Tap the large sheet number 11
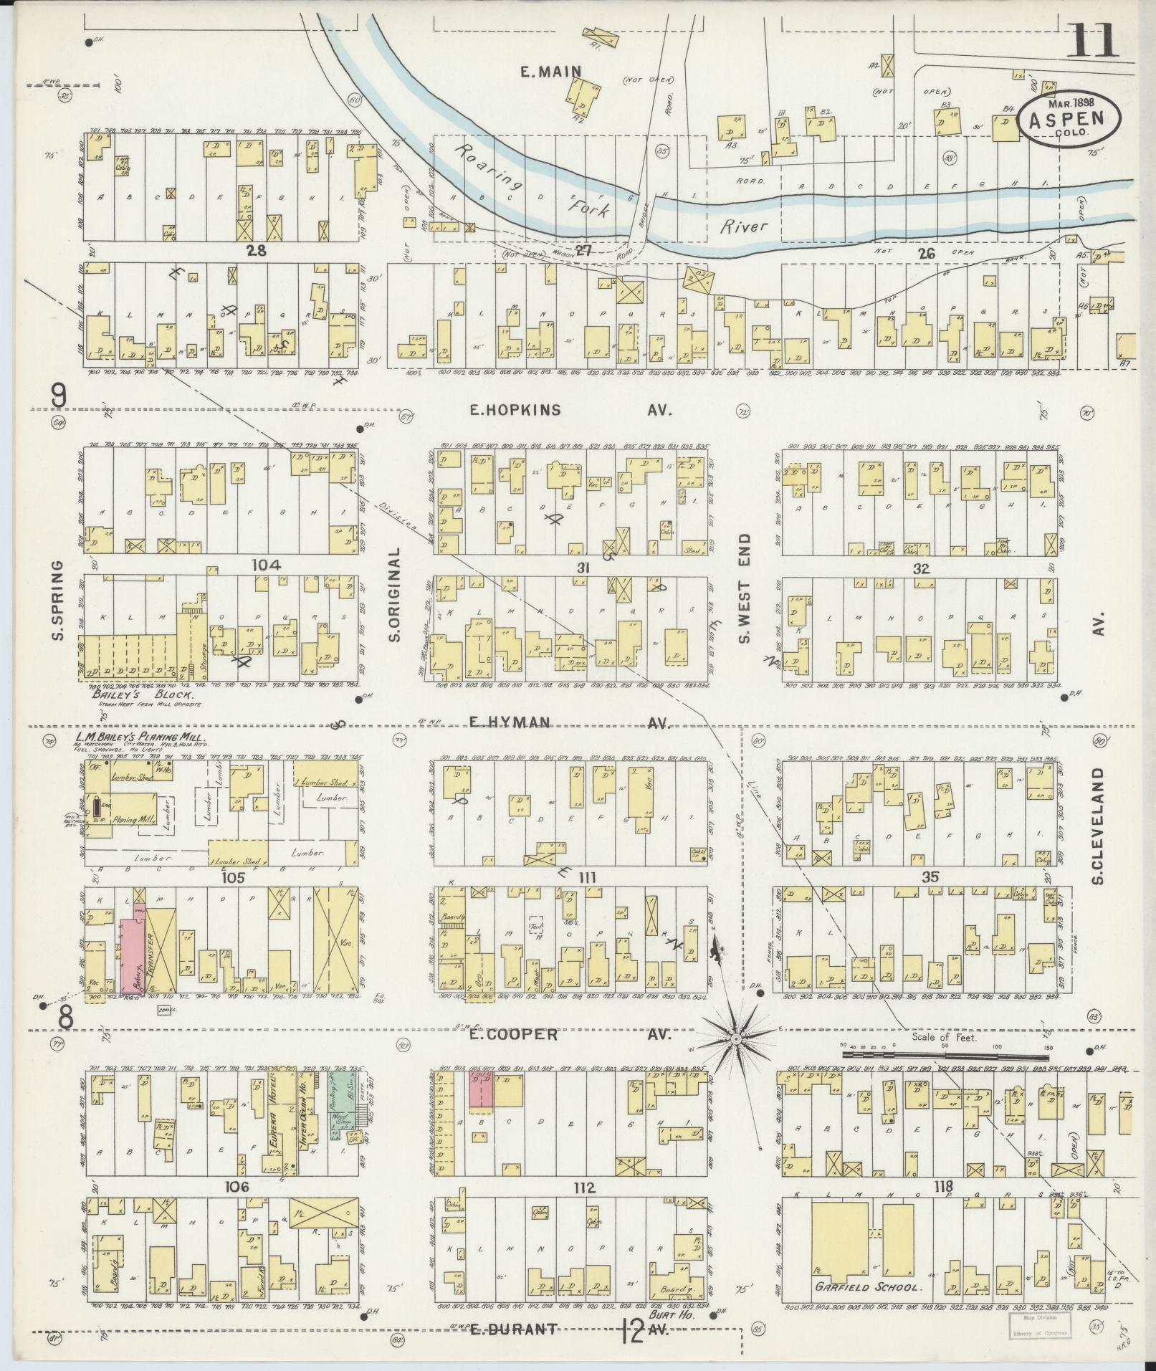1091,40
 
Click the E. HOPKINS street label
515,410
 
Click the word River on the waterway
743,226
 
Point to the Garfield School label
866,1287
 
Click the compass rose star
735,1038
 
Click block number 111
586,877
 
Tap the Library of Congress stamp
1040,1326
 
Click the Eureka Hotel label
273,1137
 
